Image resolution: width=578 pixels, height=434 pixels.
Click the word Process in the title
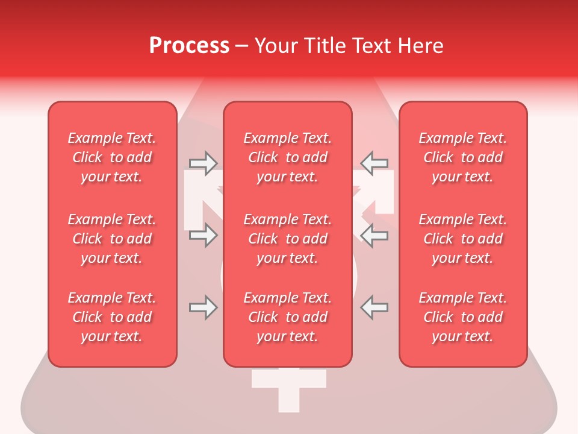[x=189, y=46]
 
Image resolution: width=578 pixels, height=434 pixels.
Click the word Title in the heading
[x=324, y=46]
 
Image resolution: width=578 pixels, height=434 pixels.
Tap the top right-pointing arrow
[x=204, y=163]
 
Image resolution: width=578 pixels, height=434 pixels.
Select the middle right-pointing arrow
[x=204, y=235]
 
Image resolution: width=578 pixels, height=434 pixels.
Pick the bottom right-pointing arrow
[x=204, y=307]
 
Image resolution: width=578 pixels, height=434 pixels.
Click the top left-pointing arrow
[x=374, y=163]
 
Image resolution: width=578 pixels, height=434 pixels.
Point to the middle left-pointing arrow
[x=374, y=235]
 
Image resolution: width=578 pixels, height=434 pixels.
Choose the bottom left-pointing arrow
[x=374, y=307]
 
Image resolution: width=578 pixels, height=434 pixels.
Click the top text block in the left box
[x=112, y=157]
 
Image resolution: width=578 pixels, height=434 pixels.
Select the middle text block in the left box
[x=112, y=239]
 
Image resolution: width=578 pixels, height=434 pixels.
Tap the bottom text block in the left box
[x=112, y=317]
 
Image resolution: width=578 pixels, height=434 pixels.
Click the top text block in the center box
[x=287, y=157]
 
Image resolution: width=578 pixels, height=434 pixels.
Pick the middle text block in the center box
[x=287, y=239]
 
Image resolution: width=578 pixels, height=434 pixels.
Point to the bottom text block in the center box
[x=287, y=317]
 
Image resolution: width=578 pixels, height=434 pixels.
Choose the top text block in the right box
[x=463, y=157]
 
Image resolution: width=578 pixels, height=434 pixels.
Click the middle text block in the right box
[x=463, y=239]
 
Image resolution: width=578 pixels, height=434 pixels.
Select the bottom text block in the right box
[x=463, y=317]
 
